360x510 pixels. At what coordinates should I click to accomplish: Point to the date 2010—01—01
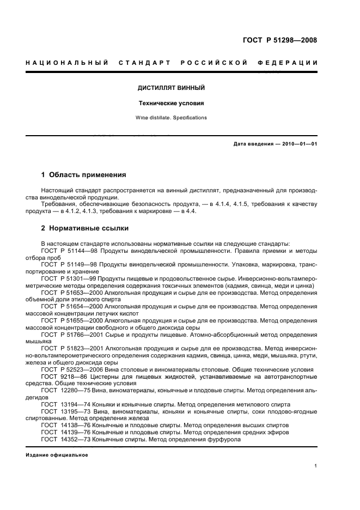pos(298,144)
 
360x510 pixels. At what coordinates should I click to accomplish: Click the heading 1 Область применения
pos(84,175)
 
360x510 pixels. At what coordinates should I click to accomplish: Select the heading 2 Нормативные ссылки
pos(85,228)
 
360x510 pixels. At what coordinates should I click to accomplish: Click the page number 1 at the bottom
pos(316,466)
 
